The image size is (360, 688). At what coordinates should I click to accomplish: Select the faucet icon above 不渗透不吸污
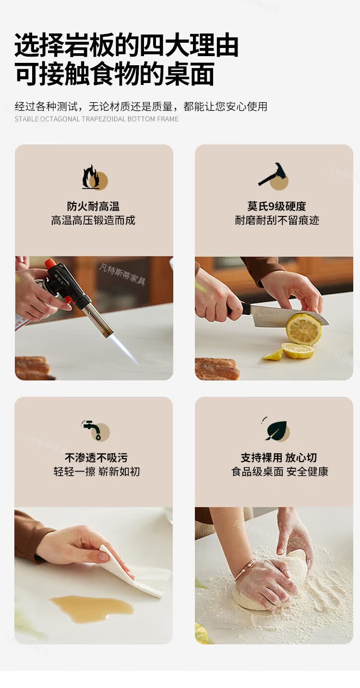pos(95,430)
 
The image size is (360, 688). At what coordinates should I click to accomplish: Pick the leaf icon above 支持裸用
pos(276,429)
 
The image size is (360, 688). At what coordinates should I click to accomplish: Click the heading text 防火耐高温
pos(93,206)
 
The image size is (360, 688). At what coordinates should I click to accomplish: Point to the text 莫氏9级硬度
pos(276,206)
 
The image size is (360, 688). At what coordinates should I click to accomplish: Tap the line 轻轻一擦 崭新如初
pos(96,471)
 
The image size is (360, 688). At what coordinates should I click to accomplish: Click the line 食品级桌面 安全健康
pos(279,471)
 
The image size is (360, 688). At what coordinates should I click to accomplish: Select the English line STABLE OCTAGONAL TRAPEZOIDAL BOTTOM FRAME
pos(96,119)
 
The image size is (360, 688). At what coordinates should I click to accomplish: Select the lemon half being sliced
pos(303,329)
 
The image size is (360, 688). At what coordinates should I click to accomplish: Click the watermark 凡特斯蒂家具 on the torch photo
pos(121,274)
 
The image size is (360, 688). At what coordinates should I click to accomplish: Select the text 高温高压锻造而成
pos(93,220)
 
